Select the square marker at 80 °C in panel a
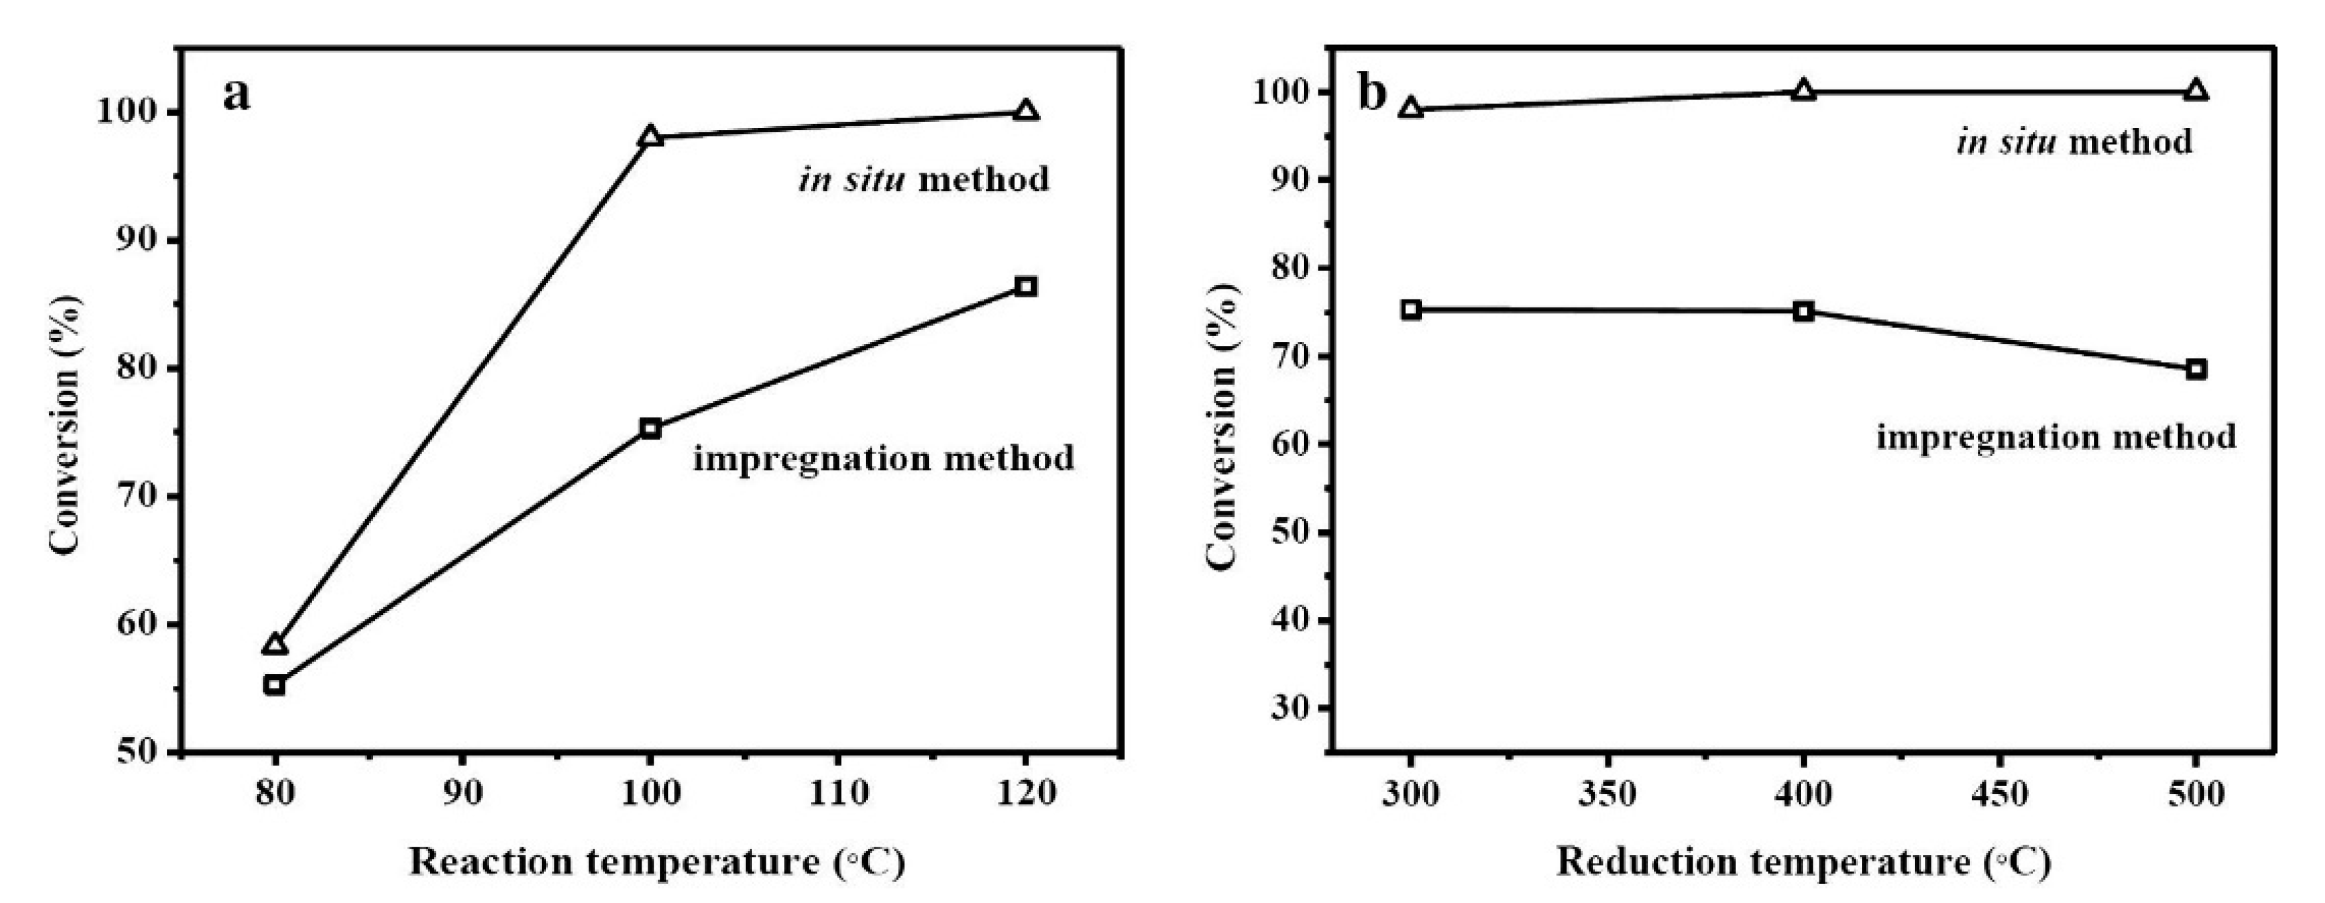(275, 685)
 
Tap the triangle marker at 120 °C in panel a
(1025, 111)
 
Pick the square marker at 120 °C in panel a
(1025, 286)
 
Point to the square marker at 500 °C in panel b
(2196, 369)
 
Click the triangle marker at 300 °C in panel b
(1411, 110)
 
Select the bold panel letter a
(236, 94)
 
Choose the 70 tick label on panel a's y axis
(135, 496)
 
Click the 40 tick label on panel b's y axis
(1287, 620)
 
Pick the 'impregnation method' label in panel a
(884, 459)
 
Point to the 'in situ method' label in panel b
(2074, 143)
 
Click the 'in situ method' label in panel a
(924, 179)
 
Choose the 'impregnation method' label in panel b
(2056, 437)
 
